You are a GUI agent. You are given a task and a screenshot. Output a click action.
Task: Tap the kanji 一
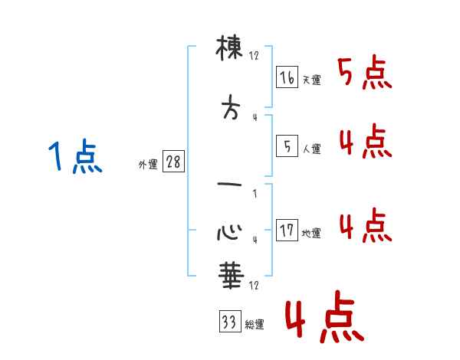click(230, 185)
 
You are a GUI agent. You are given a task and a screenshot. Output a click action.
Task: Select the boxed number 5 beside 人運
click(287, 147)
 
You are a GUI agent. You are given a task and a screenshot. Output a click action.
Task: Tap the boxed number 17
click(287, 231)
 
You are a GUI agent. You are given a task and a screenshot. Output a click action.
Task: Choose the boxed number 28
click(173, 162)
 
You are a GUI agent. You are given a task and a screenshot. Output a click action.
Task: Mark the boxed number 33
click(229, 322)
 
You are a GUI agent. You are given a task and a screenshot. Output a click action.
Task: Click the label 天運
click(311, 80)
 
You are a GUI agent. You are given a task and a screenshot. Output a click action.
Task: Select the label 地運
click(311, 234)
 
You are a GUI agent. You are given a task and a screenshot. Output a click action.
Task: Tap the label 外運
click(147, 165)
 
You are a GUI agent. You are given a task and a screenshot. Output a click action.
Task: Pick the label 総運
click(255, 325)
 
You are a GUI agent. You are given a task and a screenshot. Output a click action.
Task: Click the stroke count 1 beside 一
click(255, 194)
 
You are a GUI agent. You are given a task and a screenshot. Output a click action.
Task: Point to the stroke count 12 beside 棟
click(255, 55)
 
